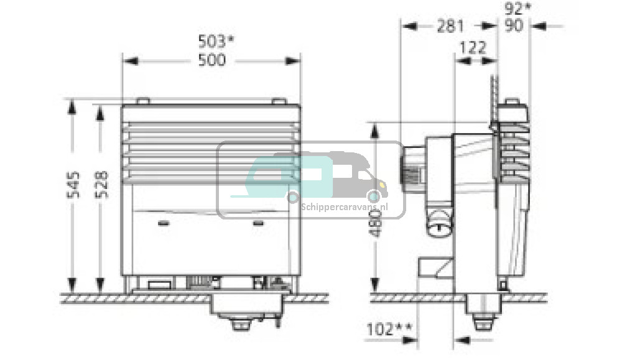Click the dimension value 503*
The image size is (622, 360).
pos(216,41)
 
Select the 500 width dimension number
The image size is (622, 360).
pos(212,60)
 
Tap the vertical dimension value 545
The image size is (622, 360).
pos(73,185)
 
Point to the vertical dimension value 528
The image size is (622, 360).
pos(101,185)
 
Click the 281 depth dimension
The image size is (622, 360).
pos(450,27)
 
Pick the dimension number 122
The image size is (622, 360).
pos(473,48)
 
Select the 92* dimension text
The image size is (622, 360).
pos(518,8)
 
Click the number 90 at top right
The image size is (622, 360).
pos(514,26)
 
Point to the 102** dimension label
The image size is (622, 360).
pos(389,330)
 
